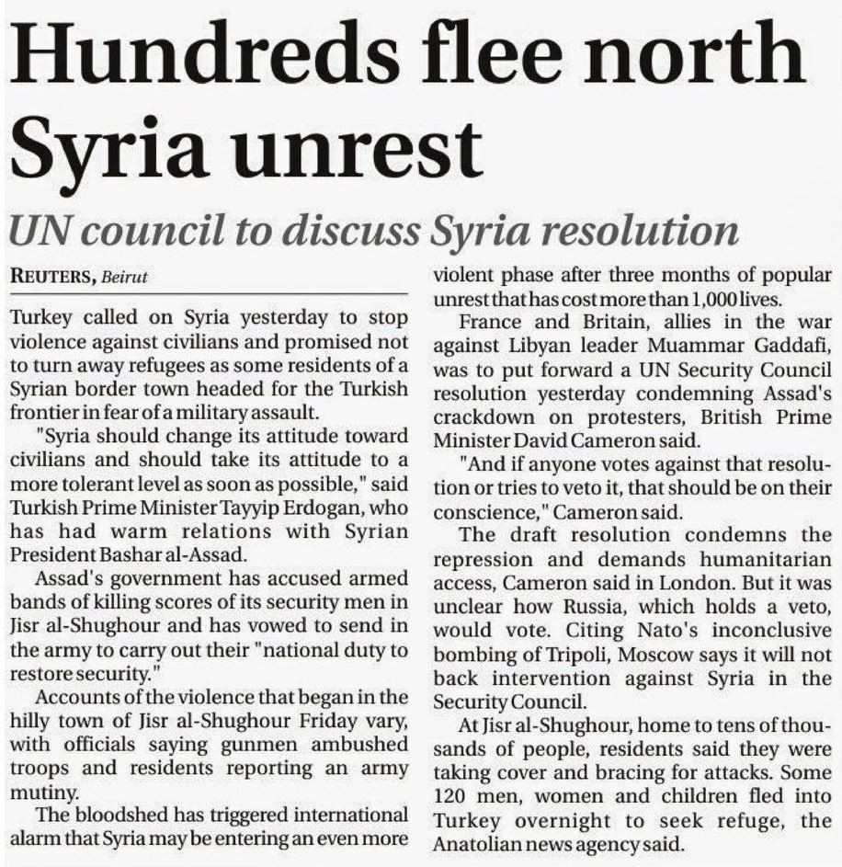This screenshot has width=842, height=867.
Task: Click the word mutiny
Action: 34,790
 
